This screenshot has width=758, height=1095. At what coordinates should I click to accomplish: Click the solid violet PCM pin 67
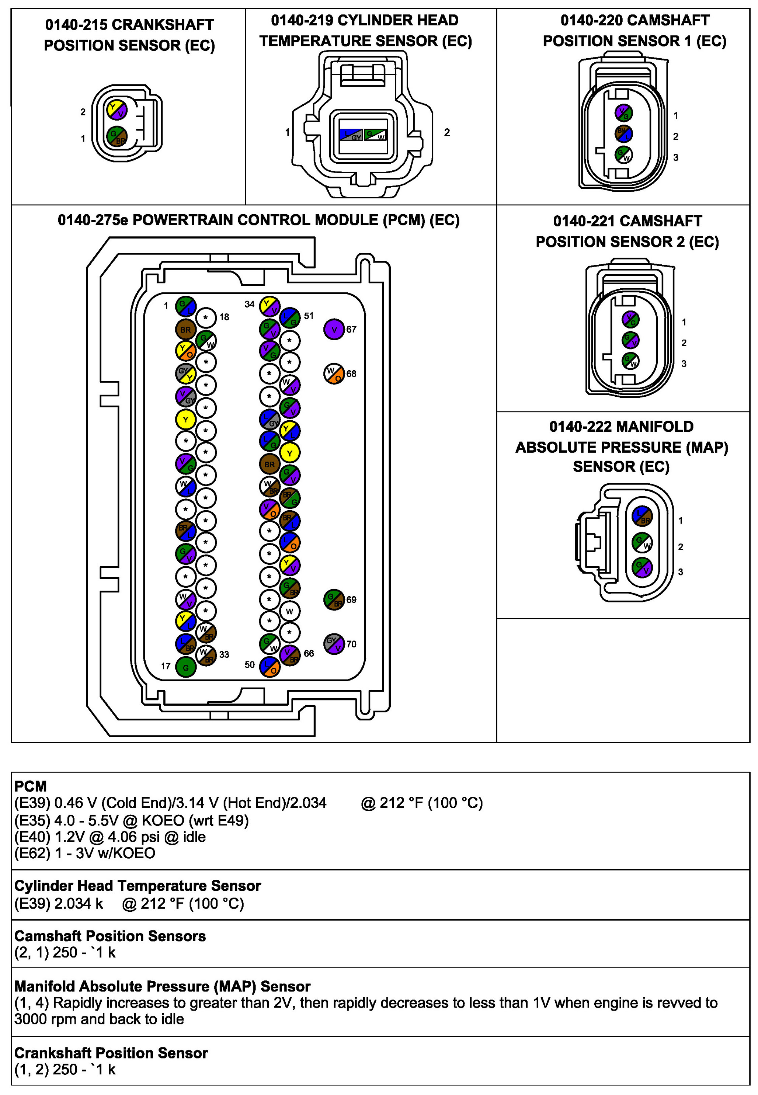click(334, 329)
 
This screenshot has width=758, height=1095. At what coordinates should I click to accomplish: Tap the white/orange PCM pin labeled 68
click(334, 374)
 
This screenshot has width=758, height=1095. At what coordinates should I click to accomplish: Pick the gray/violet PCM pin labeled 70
click(334, 644)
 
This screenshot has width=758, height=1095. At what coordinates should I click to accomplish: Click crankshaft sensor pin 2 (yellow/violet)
click(117, 110)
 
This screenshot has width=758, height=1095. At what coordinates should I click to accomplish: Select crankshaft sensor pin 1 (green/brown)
click(117, 137)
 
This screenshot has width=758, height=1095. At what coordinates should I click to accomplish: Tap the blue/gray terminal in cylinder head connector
click(351, 135)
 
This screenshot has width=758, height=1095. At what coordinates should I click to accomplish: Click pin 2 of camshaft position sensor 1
click(623, 133)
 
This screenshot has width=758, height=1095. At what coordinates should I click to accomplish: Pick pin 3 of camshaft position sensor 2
click(631, 361)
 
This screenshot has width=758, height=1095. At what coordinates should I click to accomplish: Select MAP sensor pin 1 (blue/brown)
click(643, 516)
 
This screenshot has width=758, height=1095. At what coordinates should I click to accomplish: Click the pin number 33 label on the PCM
click(224, 654)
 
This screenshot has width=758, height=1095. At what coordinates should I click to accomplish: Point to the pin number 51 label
click(309, 316)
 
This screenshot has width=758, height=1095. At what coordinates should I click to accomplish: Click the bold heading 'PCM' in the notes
click(30, 786)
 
